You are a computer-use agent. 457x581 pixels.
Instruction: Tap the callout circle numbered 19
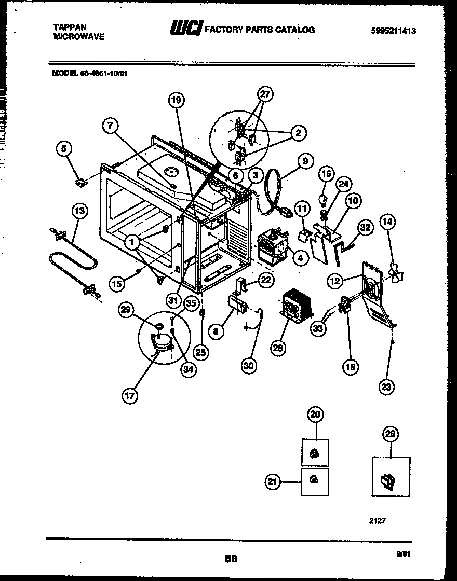(x=176, y=101)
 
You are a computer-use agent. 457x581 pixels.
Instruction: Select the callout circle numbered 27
(x=265, y=94)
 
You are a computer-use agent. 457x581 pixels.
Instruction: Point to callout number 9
(x=305, y=161)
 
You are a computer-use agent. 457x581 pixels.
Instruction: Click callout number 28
(x=278, y=348)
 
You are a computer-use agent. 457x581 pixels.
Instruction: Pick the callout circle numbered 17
(x=129, y=396)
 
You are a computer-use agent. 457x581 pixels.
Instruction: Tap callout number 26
(x=389, y=434)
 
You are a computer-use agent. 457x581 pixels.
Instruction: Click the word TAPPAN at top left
(x=70, y=26)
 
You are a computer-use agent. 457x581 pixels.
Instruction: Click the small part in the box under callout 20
(x=314, y=454)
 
